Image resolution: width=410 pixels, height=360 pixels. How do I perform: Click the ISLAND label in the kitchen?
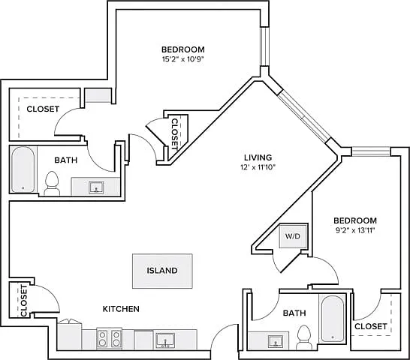click(x=162, y=271)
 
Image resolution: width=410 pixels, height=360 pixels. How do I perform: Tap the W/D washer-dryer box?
click(x=293, y=236)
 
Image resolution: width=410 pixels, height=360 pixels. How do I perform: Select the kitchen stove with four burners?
click(x=110, y=338)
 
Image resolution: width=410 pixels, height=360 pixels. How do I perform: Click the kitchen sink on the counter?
click(x=165, y=340)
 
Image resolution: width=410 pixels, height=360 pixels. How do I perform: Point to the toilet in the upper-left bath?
click(x=52, y=184)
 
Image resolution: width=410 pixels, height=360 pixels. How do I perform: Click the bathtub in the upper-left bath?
click(x=23, y=169)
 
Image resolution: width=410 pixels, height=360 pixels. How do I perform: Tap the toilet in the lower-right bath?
click(x=304, y=337)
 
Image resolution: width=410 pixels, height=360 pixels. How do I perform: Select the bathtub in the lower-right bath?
click(x=333, y=319)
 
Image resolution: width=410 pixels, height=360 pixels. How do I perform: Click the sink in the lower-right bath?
click(x=276, y=341)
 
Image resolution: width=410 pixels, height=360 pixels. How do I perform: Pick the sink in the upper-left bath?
click(x=96, y=187)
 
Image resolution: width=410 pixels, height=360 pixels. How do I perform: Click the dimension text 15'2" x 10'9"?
click(x=182, y=58)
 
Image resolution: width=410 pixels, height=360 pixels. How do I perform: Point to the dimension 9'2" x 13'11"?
click(x=355, y=230)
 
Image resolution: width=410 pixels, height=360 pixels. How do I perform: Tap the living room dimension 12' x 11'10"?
click(x=258, y=167)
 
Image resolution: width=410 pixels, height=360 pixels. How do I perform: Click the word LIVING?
click(x=258, y=157)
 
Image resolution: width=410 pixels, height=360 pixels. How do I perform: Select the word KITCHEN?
click(x=121, y=309)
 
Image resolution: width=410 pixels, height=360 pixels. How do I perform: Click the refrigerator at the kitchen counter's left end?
click(x=69, y=335)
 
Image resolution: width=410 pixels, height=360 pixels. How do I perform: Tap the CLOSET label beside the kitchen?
click(x=23, y=301)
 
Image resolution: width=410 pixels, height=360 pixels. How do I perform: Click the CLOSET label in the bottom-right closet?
click(x=371, y=326)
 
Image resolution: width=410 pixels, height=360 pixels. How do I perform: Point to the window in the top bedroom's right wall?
click(x=264, y=46)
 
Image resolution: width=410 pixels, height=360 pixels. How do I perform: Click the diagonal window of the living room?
click(x=304, y=117)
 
